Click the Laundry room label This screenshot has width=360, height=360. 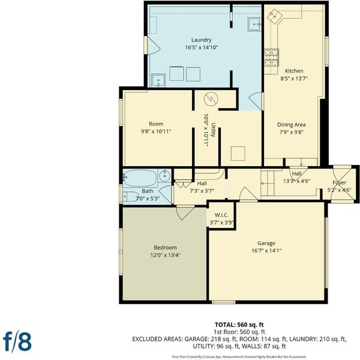202,40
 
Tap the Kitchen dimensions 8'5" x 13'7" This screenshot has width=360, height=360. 294,79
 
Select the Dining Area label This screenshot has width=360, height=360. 292,125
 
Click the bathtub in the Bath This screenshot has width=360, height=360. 140,178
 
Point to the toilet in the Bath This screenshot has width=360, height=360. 130,197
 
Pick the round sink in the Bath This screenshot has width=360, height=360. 164,176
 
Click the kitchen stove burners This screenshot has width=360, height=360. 272,58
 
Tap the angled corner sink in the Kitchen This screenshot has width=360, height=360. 275,16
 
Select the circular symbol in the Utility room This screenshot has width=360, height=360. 211,99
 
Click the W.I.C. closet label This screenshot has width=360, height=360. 221,215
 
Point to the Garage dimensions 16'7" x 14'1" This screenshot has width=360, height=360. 266,250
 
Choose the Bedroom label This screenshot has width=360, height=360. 166,247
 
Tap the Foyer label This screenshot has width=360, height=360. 339,182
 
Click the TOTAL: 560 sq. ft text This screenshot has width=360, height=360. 239,325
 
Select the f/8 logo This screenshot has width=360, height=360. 17,342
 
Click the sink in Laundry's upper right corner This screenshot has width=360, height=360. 254,24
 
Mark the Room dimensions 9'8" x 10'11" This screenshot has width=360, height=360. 156,131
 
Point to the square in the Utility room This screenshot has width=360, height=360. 238,154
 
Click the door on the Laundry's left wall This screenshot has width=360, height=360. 152,45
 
